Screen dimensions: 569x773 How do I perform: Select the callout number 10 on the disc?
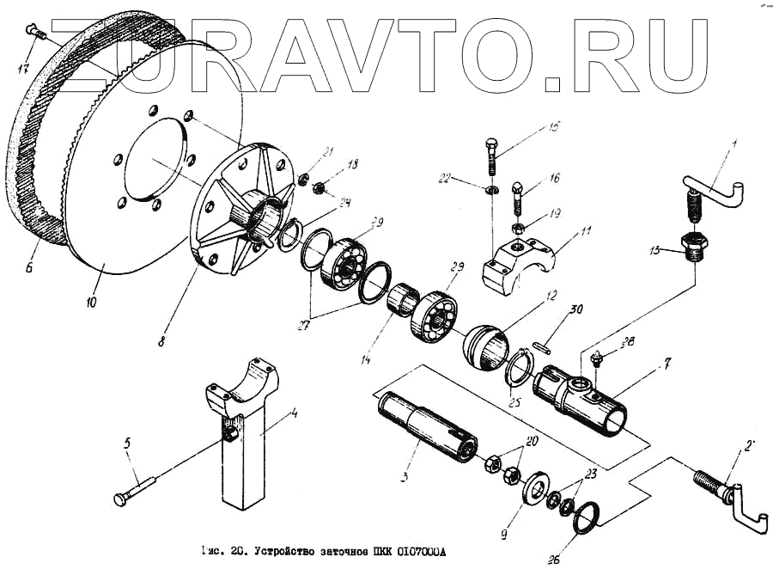(x=92, y=302)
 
